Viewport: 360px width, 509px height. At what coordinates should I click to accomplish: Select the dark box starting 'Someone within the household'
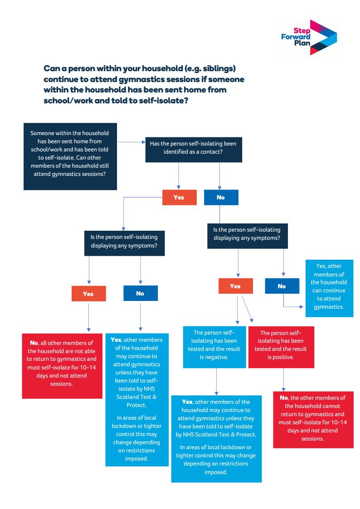pyautogui.click(x=69, y=156)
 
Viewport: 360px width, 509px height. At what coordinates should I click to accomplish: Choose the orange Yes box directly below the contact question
pyautogui.click(x=179, y=197)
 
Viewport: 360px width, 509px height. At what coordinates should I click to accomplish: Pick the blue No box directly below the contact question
pyautogui.click(x=221, y=197)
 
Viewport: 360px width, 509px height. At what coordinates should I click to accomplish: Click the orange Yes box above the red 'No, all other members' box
pyautogui.click(x=88, y=294)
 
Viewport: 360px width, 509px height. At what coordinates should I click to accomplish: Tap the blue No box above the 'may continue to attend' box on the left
pyautogui.click(x=140, y=293)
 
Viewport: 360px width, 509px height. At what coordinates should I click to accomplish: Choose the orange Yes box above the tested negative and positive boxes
pyautogui.click(x=235, y=286)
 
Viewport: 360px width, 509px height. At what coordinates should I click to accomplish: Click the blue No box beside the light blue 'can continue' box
pyautogui.click(x=282, y=286)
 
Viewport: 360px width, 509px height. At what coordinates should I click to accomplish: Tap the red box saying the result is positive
pyautogui.click(x=280, y=347)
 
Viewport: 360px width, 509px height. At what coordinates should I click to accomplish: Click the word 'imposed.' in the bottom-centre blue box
pyautogui.click(x=215, y=472)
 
